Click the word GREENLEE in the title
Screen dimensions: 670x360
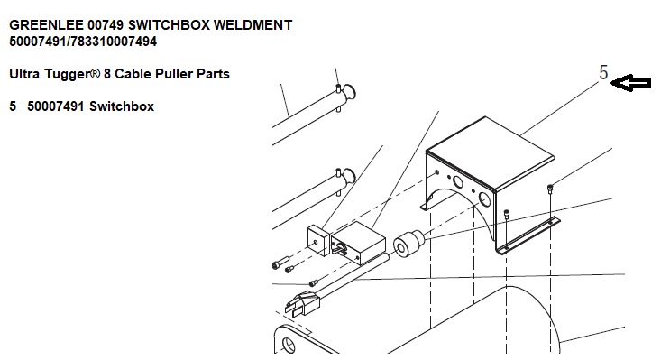point(47,25)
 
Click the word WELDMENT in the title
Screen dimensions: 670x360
point(252,25)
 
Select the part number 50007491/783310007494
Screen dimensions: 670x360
point(83,42)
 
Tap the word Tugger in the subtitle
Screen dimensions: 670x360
point(72,74)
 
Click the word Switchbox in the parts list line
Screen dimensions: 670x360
point(122,106)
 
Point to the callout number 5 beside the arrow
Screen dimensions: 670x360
point(603,73)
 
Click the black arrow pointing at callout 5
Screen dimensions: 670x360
point(631,82)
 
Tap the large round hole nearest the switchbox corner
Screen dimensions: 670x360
point(484,199)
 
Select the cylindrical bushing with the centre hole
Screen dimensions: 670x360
point(408,245)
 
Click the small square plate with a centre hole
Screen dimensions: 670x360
point(318,242)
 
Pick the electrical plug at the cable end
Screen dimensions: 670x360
point(301,302)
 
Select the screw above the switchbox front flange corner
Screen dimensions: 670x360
point(507,215)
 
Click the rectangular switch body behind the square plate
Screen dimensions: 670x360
point(358,243)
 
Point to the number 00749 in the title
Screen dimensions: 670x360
point(106,25)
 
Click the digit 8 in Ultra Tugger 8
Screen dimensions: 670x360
point(107,74)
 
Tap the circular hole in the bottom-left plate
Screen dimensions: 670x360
point(289,345)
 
